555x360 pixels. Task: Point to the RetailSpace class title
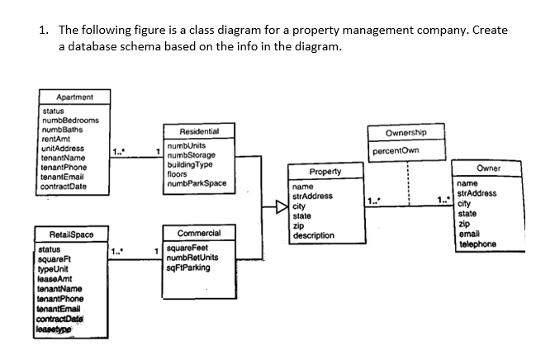pyautogui.click(x=64, y=234)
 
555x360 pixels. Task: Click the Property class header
pyautogui.click(x=326, y=172)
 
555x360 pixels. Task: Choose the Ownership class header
pyautogui.click(x=406, y=134)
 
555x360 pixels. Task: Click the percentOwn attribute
pyautogui.click(x=396, y=152)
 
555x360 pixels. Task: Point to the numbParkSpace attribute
pyautogui.click(x=197, y=182)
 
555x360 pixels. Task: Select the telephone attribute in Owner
pyautogui.click(x=477, y=244)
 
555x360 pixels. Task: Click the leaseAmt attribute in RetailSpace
pyautogui.click(x=55, y=277)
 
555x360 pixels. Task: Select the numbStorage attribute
pyautogui.click(x=191, y=155)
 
